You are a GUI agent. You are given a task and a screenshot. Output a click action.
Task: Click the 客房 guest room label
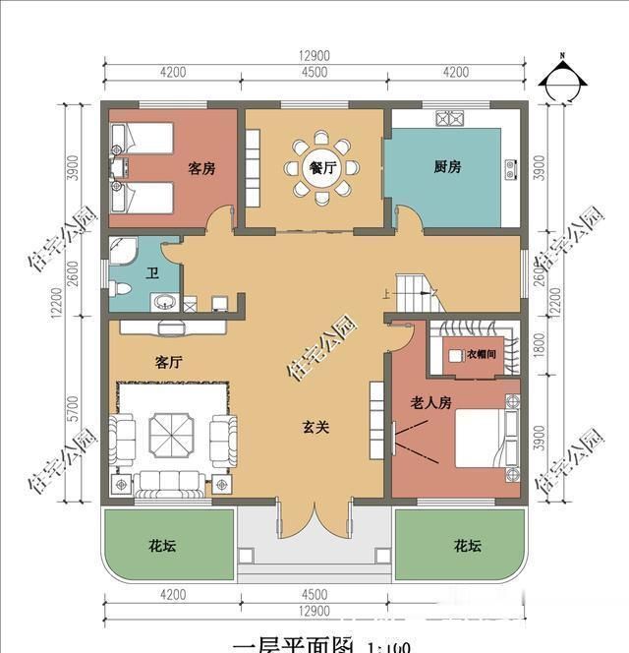[x=201, y=169]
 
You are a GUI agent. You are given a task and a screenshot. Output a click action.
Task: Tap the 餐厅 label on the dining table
[x=322, y=168]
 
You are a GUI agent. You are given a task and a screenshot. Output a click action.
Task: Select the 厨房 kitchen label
[x=447, y=167]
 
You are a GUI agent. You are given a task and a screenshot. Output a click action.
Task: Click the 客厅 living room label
[x=168, y=362]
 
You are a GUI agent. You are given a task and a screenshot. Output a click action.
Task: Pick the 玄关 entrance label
[x=314, y=428]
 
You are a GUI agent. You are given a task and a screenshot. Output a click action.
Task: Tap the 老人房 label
[x=430, y=402]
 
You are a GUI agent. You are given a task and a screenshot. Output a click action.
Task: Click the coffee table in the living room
[x=173, y=431]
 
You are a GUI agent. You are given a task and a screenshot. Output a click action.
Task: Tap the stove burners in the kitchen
[x=449, y=119]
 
